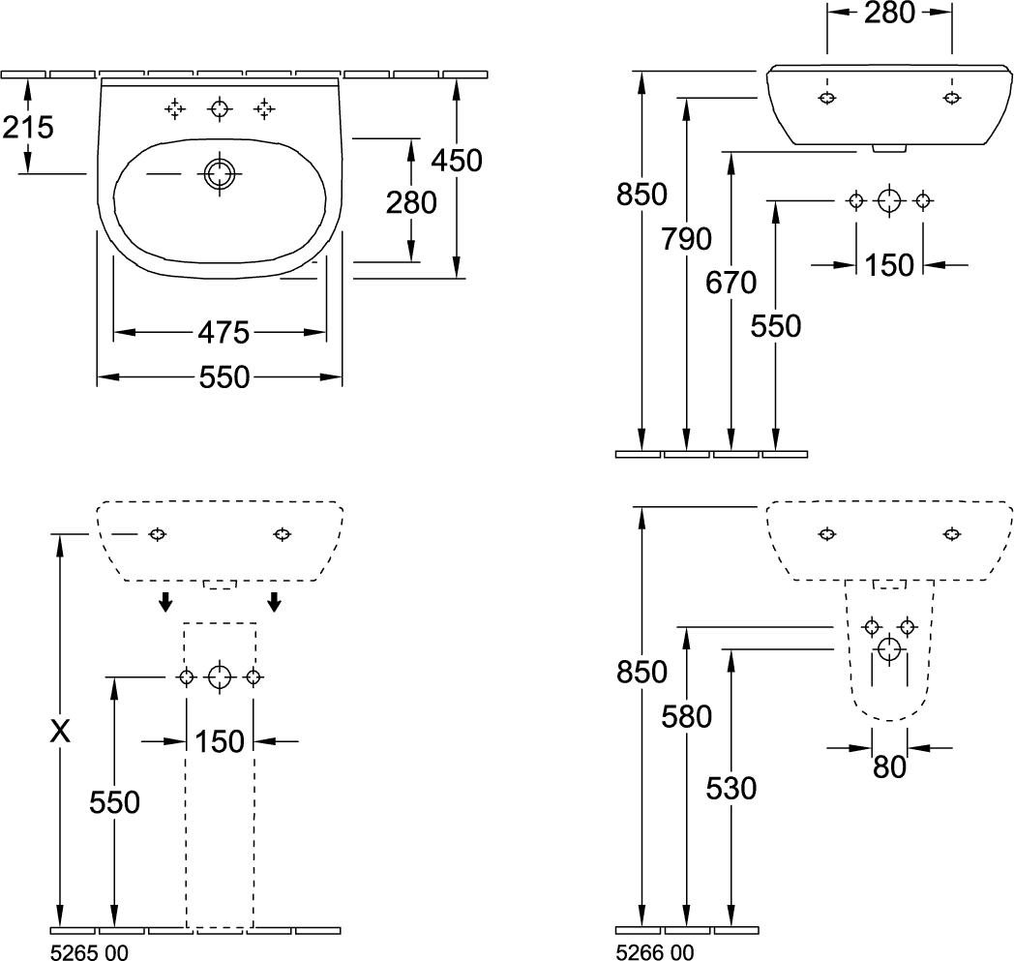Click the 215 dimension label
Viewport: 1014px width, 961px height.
tap(28, 128)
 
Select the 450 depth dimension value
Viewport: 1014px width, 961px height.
tap(457, 161)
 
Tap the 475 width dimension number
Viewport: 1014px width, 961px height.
tap(224, 332)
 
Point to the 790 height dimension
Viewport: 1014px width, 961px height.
tap(686, 239)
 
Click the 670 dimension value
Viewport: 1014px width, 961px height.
tap(731, 283)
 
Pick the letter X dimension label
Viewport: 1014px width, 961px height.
tap(60, 732)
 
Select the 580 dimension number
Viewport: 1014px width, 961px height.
tap(686, 716)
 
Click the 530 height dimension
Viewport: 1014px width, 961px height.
tap(731, 789)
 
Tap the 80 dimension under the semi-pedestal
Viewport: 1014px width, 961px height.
tap(889, 767)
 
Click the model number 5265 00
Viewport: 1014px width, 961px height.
tap(89, 952)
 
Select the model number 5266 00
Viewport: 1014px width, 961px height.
tap(654, 952)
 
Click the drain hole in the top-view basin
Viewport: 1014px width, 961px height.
tap(220, 173)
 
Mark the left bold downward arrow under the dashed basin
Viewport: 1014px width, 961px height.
tap(166, 601)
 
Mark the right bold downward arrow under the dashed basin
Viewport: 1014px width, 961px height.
tap(275, 601)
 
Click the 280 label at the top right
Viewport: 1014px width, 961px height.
tap(889, 13)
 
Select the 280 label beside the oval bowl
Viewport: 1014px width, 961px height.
tap(411, 203)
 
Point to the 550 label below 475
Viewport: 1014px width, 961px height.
tap(224, 377)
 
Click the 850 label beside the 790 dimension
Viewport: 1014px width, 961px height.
tap(641, 194)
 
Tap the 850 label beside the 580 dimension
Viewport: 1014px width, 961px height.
tap(641, 673)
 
